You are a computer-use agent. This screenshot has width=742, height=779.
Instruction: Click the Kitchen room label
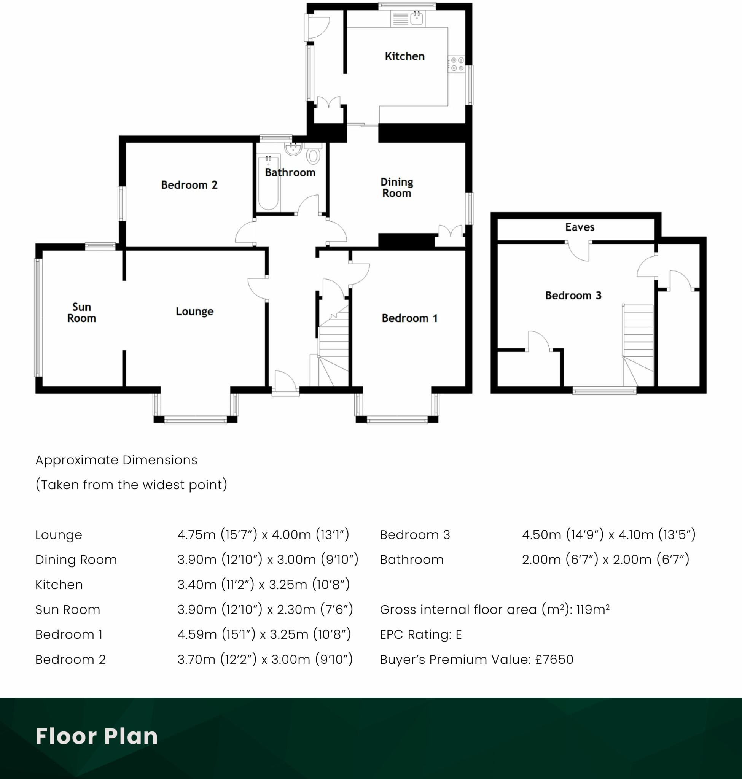coord(404,56)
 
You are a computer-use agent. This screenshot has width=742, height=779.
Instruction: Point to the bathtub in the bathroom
coord(268,183)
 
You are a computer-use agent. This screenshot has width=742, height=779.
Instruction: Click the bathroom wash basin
coord(293,149)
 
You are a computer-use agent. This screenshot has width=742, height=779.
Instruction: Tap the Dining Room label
coord(397,188)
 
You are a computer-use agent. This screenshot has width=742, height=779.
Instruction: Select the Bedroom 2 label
coord(189,184)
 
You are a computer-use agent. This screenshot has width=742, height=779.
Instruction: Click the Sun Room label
coord(81,312)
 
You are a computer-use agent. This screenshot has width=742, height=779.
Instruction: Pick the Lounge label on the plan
coord(194,311)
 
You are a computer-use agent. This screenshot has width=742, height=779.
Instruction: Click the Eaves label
coord(580,227)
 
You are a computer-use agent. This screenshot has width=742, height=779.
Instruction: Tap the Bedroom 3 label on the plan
coord(573,296)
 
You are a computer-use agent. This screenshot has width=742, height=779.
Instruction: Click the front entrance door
coord(285,382)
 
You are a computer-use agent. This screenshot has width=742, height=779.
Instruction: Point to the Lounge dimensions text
coord(263,535)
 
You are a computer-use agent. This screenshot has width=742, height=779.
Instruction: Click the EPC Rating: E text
coord(420,634)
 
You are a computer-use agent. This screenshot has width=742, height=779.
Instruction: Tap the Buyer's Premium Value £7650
coord(476,659)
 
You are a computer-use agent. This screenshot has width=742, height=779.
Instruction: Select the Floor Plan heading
coord(97,736)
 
